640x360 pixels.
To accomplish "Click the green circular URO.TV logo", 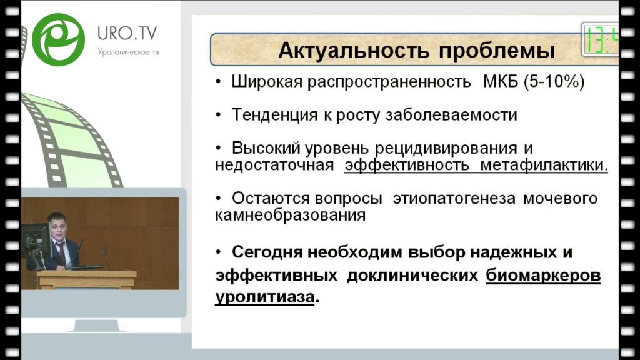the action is point(58,39).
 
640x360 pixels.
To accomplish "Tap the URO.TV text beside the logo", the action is point(127,34).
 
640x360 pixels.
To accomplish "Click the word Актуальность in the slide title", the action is point(354,51).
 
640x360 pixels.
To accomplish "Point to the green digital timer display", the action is point(600,39).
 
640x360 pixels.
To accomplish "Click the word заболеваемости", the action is point(451,115).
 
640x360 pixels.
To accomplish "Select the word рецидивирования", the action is point(446,148).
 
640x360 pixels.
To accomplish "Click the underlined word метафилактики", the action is point(544,165).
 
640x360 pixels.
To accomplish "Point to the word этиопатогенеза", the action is point(454,198).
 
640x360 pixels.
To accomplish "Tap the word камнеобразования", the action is point(290,215).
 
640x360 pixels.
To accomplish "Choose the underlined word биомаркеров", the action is point(543,276).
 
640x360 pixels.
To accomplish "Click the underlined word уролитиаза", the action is point(265,297).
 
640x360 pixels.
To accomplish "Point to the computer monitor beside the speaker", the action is point(36,241).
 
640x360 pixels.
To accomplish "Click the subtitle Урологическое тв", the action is point(128,52).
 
